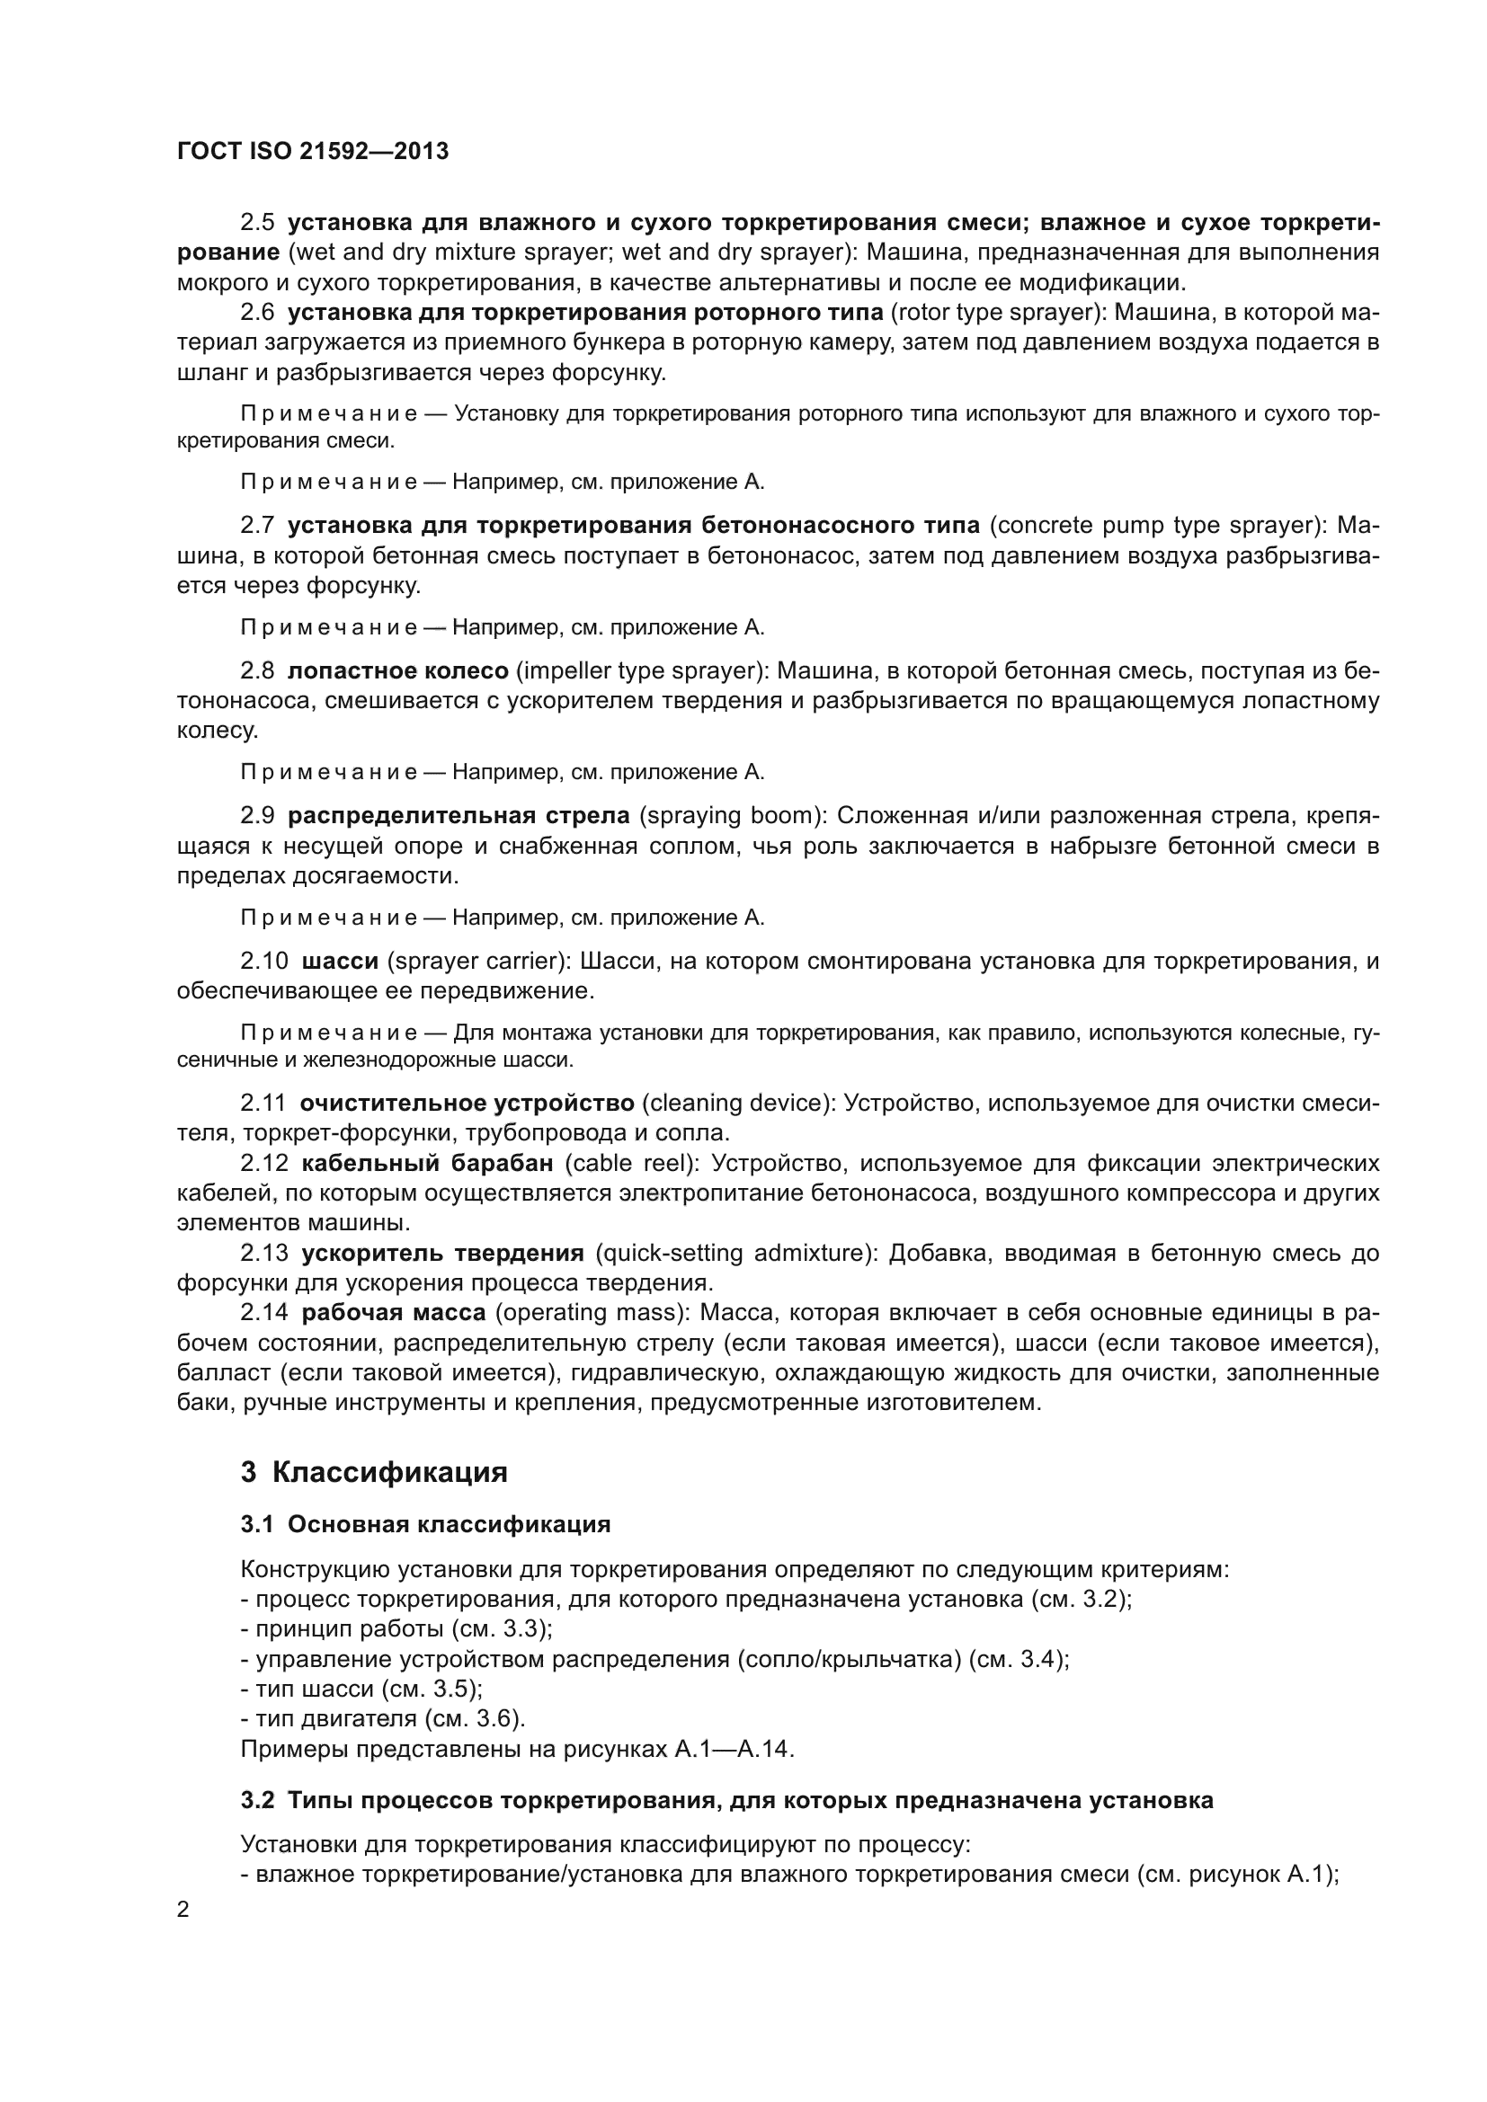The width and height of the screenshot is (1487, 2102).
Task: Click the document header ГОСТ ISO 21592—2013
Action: pyautogui.click(x=312, y=152)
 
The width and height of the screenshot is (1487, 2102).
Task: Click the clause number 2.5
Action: pyautogui.click(x=257, y=223)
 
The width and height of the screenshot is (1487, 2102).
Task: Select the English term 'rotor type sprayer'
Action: pyautogui.click(x=994, y=312)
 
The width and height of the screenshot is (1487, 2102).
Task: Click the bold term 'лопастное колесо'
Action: pyautogui.click(x=397, y=671)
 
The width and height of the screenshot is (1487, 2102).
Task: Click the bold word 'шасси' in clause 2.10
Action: pyautogui.click(x=340, y=962)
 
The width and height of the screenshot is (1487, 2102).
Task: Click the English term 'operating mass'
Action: pyautogui.click(x=592, y=1313)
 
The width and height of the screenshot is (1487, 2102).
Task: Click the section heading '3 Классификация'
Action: pyautogui.click(x=374, y=1473)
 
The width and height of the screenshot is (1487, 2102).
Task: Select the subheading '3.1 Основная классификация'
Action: pyautogui.click(x=425, y=1524)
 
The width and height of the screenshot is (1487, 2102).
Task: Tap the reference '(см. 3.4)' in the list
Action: pyautogui.click(x=1019, y=1660)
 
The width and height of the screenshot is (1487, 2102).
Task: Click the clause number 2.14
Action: pyautogui.click(x=263, y=1313)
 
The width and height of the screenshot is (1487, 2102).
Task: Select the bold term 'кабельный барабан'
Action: pyautogui.click(x=428, y=1164)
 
